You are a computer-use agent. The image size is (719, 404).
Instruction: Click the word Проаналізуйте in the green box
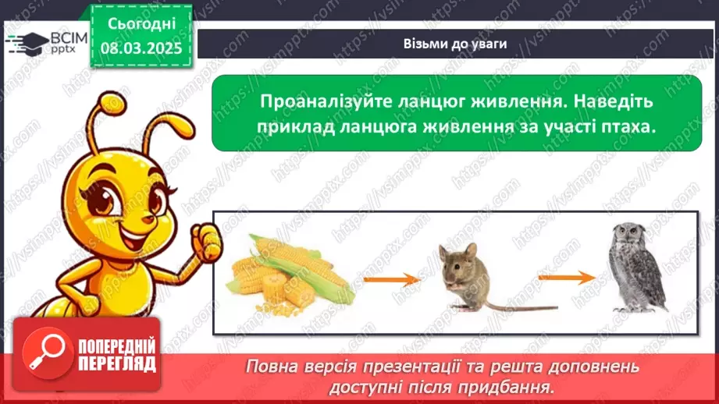(317, 102)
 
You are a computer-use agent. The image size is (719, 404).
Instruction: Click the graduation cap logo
(27, 41)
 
